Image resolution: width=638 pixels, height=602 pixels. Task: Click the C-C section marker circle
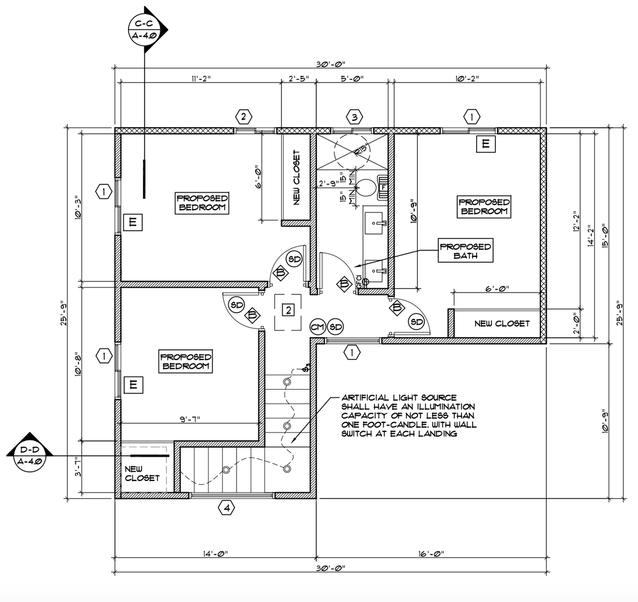click(145, 30)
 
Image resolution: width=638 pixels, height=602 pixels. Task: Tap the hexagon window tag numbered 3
click(355, 117)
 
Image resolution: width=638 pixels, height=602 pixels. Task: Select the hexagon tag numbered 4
click(226, 508)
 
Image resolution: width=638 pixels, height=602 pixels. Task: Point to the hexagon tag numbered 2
click(243, 117)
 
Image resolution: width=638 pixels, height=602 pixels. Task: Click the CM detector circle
click(318, 327)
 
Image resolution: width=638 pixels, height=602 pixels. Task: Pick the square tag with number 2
click(288, 310)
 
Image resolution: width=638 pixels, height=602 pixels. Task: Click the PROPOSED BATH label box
click(465, 251)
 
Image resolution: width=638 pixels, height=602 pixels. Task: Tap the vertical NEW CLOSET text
click(296, 177)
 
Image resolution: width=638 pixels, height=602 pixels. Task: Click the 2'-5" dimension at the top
click(298, 79)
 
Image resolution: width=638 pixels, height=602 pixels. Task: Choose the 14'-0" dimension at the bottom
click(214, 554)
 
